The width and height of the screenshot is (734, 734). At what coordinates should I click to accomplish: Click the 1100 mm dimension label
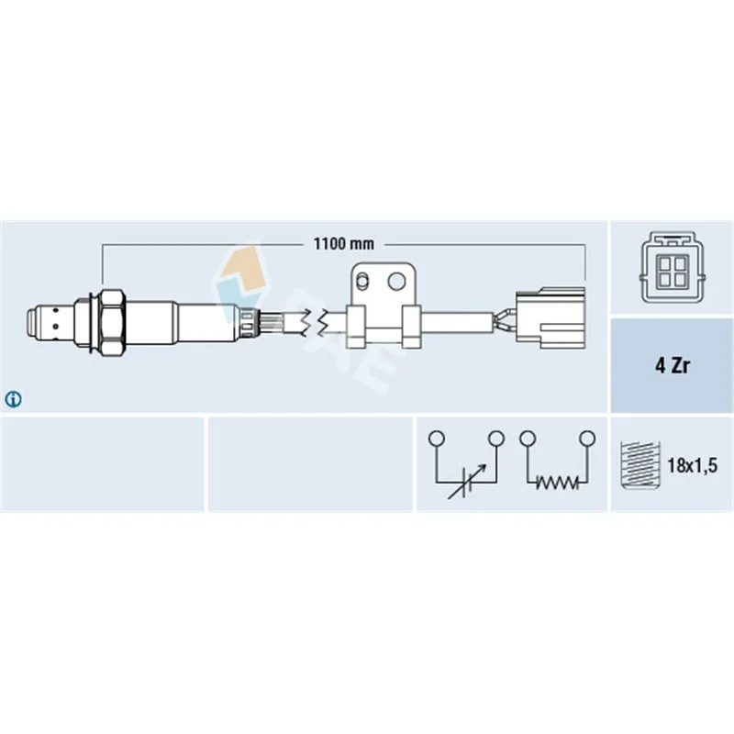point(343,244)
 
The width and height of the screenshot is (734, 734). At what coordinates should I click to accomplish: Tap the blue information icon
point(13,399)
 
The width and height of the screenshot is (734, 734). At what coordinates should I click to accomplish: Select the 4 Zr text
point(673,365)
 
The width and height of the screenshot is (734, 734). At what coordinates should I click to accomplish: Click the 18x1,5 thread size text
point(692,465)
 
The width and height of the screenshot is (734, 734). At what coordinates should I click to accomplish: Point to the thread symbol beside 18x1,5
point(639,465)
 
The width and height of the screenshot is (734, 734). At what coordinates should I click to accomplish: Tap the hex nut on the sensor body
point(112,321)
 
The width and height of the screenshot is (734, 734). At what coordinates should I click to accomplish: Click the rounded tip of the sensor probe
point(31,321)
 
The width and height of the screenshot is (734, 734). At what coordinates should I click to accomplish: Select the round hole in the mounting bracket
point(396,282)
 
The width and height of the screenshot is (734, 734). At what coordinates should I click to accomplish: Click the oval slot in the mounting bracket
point(361,282)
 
